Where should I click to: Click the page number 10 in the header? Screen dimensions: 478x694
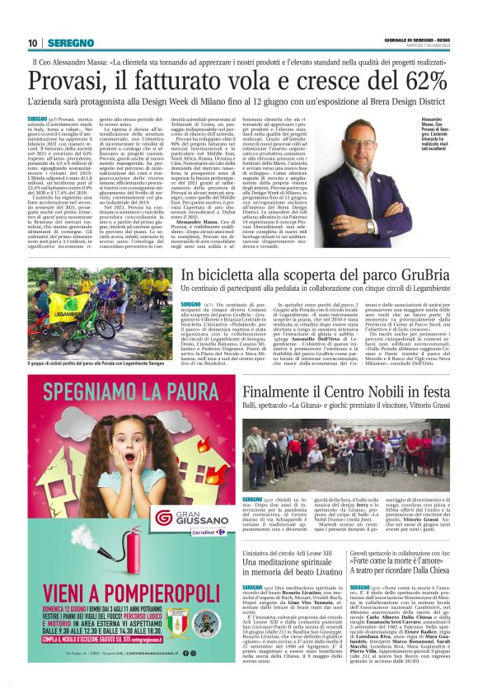click(x=33, y=43)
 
